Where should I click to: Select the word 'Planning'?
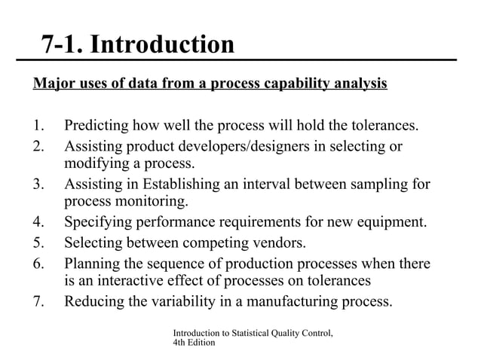click(93, 264)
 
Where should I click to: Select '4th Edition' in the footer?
click(194, 343)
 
